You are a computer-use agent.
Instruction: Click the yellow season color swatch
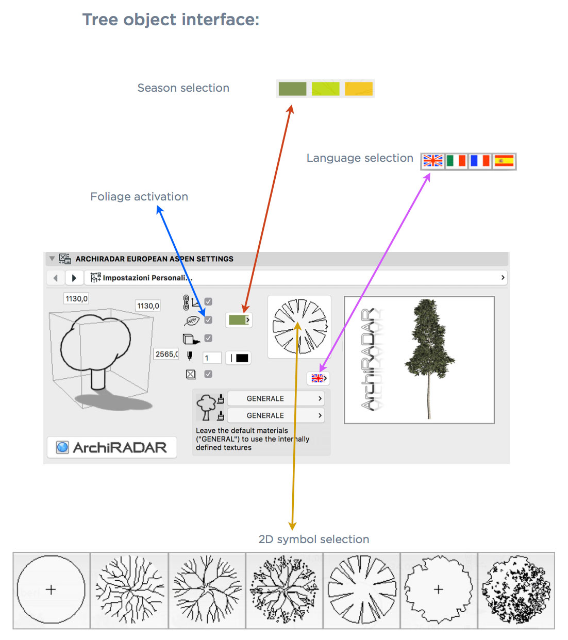click(358, 89)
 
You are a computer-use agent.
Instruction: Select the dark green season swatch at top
click(292, 89)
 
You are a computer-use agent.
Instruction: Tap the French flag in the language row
click(479, 161)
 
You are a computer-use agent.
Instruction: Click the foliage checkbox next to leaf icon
click(208, 319)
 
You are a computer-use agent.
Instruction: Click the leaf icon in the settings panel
click(192, 321)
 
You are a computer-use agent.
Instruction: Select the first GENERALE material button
click(276, 398)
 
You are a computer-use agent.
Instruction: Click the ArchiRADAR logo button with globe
click(112, 447)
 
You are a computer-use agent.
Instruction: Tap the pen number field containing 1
click(211, 358)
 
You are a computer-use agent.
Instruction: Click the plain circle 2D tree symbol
click(51, 590)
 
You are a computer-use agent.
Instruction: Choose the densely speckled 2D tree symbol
click(516, 590)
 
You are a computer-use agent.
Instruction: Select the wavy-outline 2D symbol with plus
click(439, 590)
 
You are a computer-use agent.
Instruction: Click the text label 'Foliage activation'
click(139, 196)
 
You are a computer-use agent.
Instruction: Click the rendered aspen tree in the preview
click(429, 359)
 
